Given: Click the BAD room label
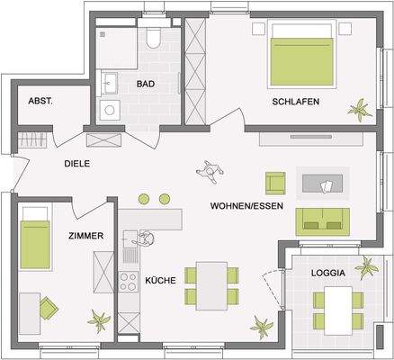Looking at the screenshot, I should (145, 84).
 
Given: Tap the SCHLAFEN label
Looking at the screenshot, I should (297, 103).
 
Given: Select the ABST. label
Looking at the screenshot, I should (40, 102).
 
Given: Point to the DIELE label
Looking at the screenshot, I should (78, 164).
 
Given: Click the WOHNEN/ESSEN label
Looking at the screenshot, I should (247, 205).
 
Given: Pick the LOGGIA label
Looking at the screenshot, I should (328, 271).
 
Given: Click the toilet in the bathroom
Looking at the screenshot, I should (153, 38).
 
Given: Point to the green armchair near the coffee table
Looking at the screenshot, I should (275, 181).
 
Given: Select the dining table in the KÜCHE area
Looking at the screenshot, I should (212, 284).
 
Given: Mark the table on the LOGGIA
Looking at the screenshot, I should (338, 308).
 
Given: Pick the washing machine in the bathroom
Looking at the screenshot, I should (111, 112).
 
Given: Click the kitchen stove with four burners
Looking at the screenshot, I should (130, 276).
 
